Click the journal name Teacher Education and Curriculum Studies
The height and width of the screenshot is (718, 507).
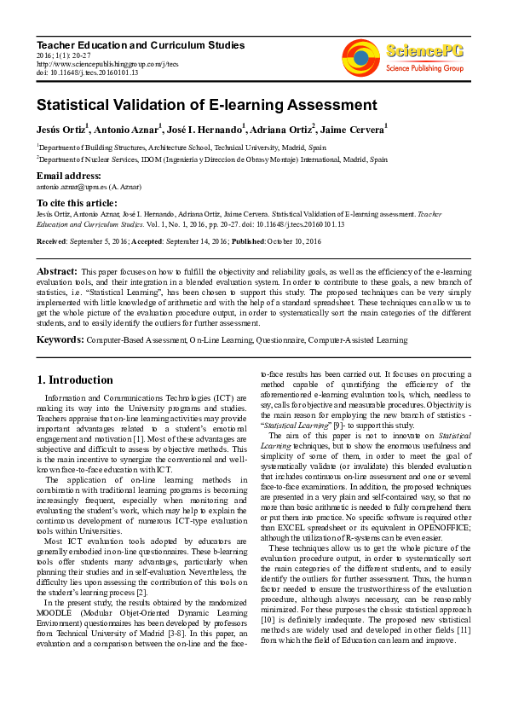[x=141, y=45]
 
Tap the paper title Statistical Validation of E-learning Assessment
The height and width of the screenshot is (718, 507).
[x=206, y=106]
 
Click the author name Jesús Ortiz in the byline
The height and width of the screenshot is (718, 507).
[x=61, y=130]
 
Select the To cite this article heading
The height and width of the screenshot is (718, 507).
[x=79, y=202]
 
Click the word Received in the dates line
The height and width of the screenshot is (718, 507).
[x=54, y=242]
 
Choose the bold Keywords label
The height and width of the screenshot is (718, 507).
[x=60, y=339]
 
